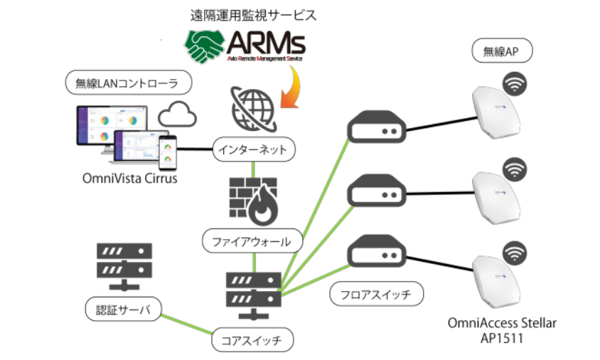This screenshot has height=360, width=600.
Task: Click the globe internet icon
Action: (254, 108)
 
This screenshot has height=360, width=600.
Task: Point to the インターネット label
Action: (253, 149)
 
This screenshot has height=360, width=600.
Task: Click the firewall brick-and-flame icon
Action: (252, 198)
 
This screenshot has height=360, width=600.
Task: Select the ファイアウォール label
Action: (252, 240)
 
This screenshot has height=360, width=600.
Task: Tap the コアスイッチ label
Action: (252, 340)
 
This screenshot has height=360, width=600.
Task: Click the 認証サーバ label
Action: (118, 309)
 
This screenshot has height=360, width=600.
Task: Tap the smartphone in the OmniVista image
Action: (168, 149)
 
